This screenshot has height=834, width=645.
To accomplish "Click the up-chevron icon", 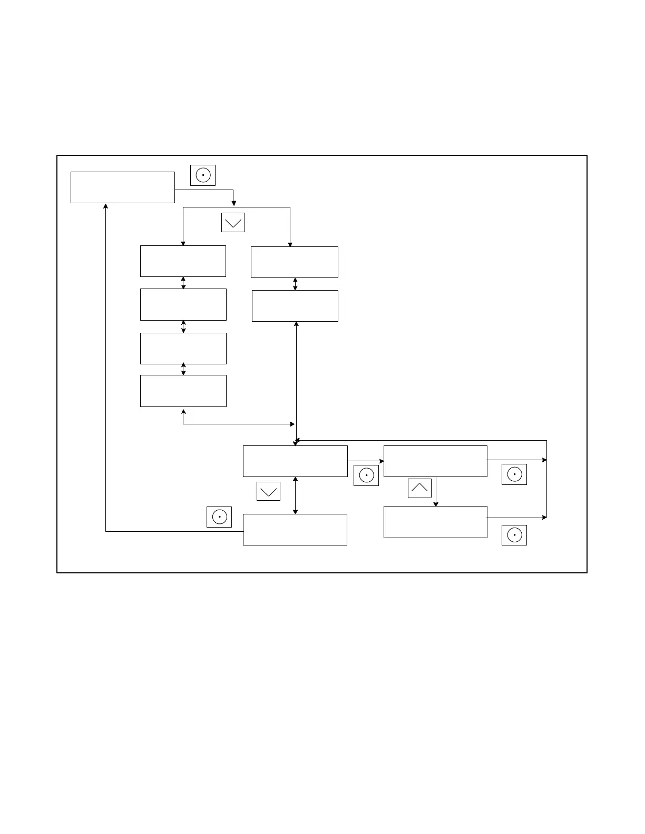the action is pyautogui.click(x=419, y=488).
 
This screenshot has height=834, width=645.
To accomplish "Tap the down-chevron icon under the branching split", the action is pyautogui.click(x=233, y=222).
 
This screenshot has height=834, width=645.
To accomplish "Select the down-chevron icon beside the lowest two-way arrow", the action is pyautogui.click(x=268, y=491).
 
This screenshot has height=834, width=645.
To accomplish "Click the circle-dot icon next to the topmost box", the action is pyautogui.click(x=203, y=175).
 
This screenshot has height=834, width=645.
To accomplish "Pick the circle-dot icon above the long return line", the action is pyautogui.click(x=219, y=517).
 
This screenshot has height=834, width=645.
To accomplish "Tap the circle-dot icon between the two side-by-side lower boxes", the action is pyautogui.click(x=366, y=475).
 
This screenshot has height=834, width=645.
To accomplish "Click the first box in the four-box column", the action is pyautogui.click(x=183, y=261).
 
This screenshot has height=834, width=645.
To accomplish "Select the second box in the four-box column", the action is pyautogui.click(x=183, y=304).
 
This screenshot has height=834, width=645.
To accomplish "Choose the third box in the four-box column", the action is pyautogui.click(x=183, y=348).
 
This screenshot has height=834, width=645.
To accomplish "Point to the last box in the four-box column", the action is pyautogui.click(x=183, y=391).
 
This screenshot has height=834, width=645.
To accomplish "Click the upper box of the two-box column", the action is pyautogui.click(x=294, y=262).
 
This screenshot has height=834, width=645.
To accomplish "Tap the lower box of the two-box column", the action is pyautogui.click(x=295, y=306).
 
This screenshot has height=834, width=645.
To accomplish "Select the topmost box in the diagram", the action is pyautogui.click(x=123, y=187).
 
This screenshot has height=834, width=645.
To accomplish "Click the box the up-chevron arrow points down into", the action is pyautogui.click(x=435, y=522).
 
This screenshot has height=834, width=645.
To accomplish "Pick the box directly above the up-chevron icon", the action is pyautogui.click(x=435, y=461).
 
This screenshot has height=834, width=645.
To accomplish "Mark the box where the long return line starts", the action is pyautogui.click(x=295, y=530).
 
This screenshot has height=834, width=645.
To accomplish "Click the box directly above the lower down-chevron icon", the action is pyautogui.click(x=295, y=461).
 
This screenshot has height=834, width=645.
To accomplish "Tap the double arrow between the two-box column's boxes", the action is pyautogui.click(x=295, y=284).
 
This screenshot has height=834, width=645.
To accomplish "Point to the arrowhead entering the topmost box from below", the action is pyautogui.click(x=106, y=206).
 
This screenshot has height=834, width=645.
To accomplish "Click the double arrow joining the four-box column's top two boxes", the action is pyautogui.click(x=183, y=283).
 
